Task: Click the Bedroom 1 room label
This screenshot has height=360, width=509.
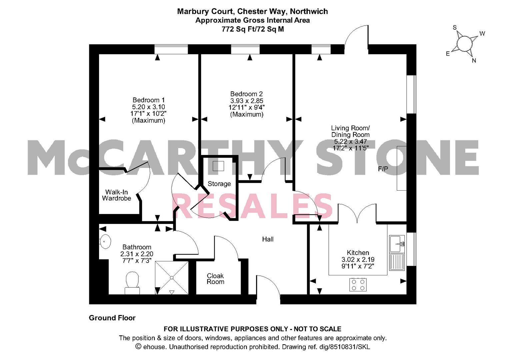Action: (x=149, y=100)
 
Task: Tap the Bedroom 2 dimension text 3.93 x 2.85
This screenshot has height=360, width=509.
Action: (x=247, y=101)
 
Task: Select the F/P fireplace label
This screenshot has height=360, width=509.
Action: (x=383, y=169)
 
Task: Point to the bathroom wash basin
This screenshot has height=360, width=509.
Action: (x=105, y=241)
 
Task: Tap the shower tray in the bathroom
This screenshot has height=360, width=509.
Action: (x=172, y=278)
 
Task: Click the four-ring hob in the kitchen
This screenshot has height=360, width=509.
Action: (x=358, y=285)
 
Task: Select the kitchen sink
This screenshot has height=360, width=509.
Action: (x=397, y=253)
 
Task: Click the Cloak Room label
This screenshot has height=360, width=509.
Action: (x=215, y=279)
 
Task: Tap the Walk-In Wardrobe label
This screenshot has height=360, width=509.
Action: (x=117, y=195)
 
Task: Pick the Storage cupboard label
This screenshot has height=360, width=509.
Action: (x=219, y=184)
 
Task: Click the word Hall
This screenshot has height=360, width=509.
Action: (x=268, y=239)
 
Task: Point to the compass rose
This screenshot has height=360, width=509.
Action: (x=464, y=44)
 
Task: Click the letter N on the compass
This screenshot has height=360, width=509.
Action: (x=474, y=60)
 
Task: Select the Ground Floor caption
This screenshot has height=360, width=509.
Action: (x=112, y=318)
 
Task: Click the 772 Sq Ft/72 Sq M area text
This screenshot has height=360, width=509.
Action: (x=253, y=29)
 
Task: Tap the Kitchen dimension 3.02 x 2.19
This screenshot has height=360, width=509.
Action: (x=358, y=259)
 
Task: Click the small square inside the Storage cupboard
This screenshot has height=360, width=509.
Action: (x=218, y=166)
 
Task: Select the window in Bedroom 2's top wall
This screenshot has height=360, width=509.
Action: (x=245, y=49)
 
